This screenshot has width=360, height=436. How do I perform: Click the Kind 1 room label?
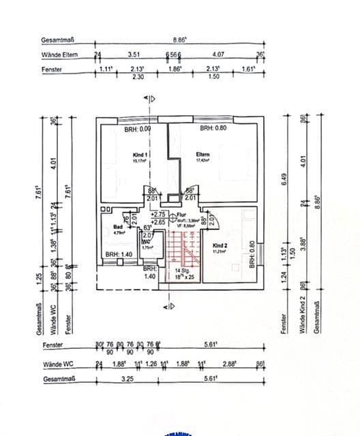(141, 155)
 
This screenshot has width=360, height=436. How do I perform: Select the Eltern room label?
(202, 155)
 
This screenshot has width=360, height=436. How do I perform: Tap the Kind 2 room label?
(220, 245)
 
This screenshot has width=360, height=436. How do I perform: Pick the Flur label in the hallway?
(181, 215)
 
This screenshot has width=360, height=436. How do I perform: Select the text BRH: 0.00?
(138, 128)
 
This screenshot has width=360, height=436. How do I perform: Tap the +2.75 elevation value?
(158, 215)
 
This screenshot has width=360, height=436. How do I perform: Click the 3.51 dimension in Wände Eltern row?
(134, 54)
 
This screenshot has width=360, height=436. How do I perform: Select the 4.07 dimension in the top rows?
(219, 54)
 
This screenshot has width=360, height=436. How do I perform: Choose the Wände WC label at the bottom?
(58, 364)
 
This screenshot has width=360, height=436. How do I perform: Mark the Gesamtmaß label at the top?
(56, 40)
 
